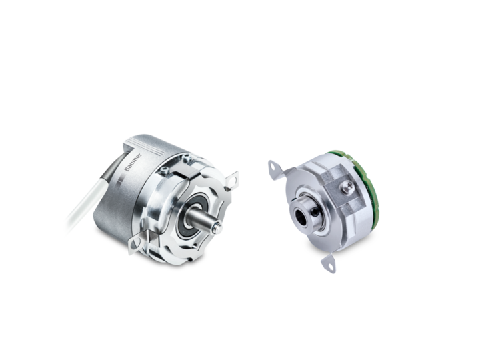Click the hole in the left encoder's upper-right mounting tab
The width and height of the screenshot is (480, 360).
pos(233,179)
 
